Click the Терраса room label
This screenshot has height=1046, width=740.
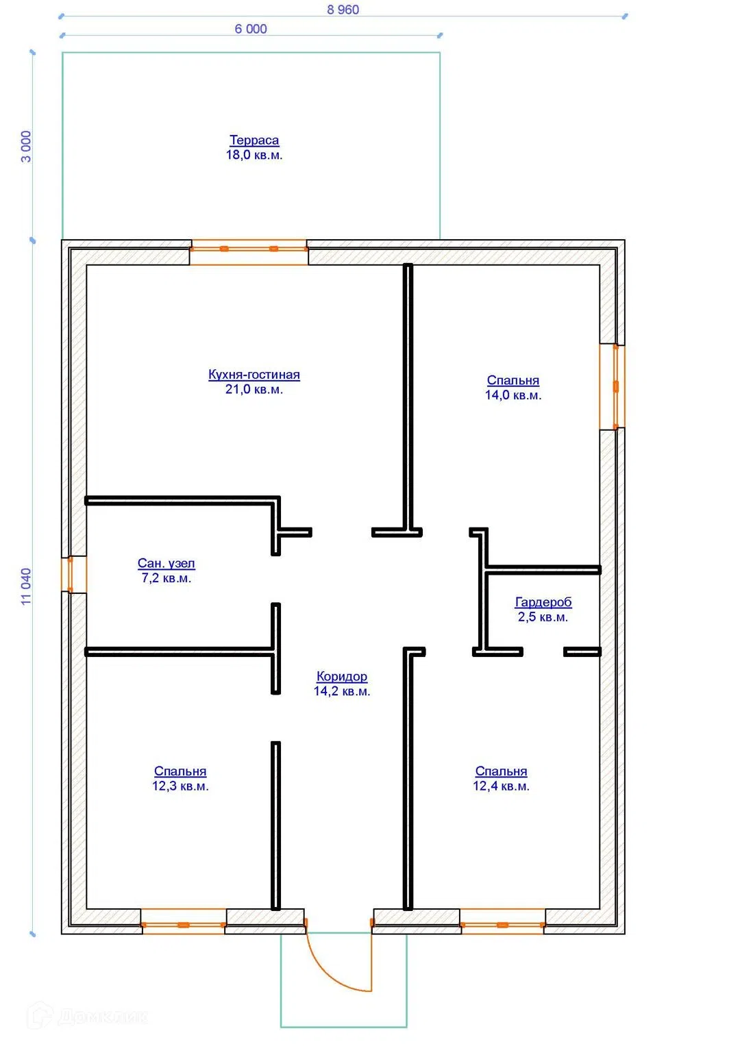coord(254,140)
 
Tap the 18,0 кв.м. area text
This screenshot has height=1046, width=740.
coord(254,155)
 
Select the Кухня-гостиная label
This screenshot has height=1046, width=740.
coord(254,375)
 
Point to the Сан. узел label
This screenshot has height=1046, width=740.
coord(166,564)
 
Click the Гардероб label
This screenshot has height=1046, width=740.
coord(543,602)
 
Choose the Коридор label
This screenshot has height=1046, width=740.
coord(342,676)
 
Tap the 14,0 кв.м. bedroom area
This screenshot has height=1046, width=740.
coord(513,395)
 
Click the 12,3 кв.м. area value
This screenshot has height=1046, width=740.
coord(180,786)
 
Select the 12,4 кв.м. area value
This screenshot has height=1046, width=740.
coord(502,786)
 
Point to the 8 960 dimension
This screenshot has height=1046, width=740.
coord(343,10)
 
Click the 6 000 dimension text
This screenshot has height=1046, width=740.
coord(251,29)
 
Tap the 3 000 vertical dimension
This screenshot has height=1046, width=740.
coord(26,146)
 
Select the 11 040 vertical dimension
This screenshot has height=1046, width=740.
coord(26,586)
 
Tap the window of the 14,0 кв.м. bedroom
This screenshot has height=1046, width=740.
coord(613,386)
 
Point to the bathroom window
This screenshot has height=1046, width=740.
coord(74,574)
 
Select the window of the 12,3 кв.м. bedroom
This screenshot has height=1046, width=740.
coord(184,921)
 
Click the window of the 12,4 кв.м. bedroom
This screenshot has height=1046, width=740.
coord(503,921)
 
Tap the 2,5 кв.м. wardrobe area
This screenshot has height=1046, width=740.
coord(543,617)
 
